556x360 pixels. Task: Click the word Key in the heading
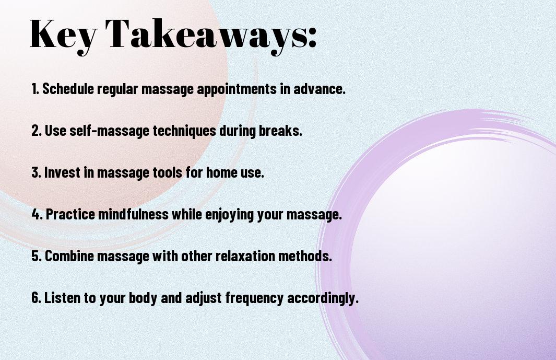[x=63, y=35]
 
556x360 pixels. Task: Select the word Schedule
[x=68, y=88]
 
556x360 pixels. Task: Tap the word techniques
[x=184, y=131]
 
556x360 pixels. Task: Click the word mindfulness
[x=133, y=214]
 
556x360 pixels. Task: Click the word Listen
[x=62, y=297]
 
